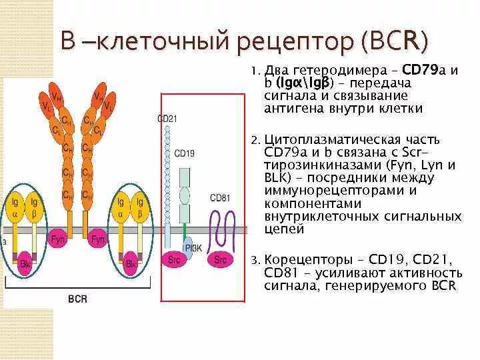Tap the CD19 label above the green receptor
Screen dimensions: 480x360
pos(184,153)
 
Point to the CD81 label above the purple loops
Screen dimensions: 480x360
pos(219,198)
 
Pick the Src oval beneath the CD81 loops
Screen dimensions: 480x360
pos(221,260)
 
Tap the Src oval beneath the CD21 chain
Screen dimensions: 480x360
pos(175,260)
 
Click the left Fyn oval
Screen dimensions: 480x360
pos(58,239)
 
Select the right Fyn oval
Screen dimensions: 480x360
pos(99,239)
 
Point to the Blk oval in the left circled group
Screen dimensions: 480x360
pos(25,263)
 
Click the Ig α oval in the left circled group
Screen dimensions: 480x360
pos(15,207)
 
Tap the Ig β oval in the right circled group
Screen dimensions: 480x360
pos(139,207)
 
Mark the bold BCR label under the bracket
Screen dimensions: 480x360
pos(78,299)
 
